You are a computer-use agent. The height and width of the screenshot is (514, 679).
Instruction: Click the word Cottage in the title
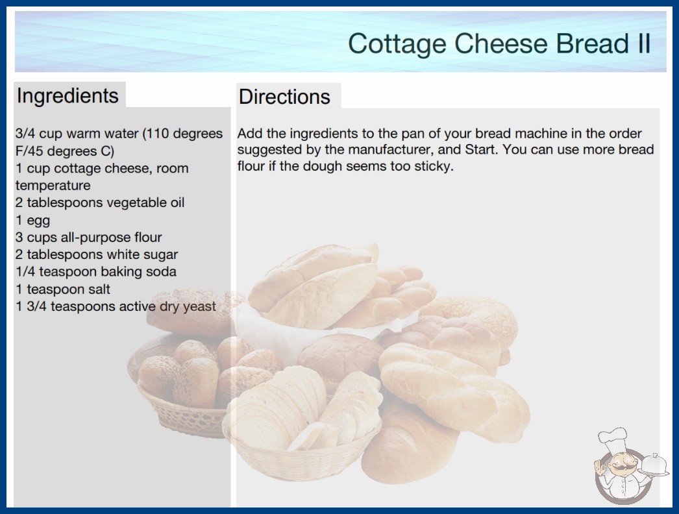click(x=397, y=44)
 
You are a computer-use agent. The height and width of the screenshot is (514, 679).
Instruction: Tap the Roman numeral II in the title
click(x=643, y=43)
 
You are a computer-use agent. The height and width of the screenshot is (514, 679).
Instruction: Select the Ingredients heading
click(x=68, y=95)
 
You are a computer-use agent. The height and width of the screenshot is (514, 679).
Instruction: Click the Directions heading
click(x=284, y=97)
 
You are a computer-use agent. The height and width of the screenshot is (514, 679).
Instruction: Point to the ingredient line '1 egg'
click(x=33, y=221)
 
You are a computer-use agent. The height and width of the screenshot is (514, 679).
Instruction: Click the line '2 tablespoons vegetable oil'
click(x=100, y=202)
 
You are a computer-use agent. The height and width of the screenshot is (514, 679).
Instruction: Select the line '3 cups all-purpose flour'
click(x=89, y=238)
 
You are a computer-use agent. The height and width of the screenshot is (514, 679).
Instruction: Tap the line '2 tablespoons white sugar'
click(x=97, y=254)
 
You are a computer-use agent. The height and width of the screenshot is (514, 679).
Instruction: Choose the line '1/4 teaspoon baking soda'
click(x=96, y=271)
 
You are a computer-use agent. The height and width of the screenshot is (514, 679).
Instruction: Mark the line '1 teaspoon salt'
click(x=63, y=289)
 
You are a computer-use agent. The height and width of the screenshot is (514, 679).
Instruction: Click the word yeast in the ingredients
click(x=199, y=307)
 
